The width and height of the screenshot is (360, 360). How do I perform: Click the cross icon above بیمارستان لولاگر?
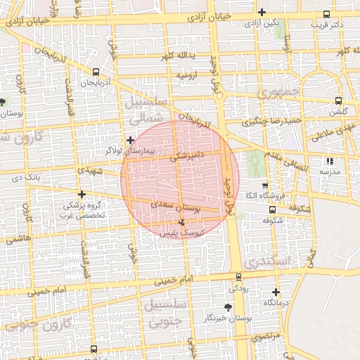point(130,140)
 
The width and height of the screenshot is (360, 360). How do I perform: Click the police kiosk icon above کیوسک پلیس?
point(183,221)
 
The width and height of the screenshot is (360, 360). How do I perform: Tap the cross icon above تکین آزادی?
point(262,12)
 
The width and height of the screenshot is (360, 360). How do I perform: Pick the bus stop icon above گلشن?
point(339,101)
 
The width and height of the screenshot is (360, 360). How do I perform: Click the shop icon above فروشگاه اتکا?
point(264,185)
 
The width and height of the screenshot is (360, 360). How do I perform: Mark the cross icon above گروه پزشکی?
point(82,194)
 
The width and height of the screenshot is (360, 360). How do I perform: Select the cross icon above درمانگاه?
point(276,292)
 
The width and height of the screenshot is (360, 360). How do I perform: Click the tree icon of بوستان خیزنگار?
point(228,308)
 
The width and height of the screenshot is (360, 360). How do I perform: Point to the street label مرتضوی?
point(266,337)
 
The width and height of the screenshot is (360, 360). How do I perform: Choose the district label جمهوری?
point(278,92)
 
